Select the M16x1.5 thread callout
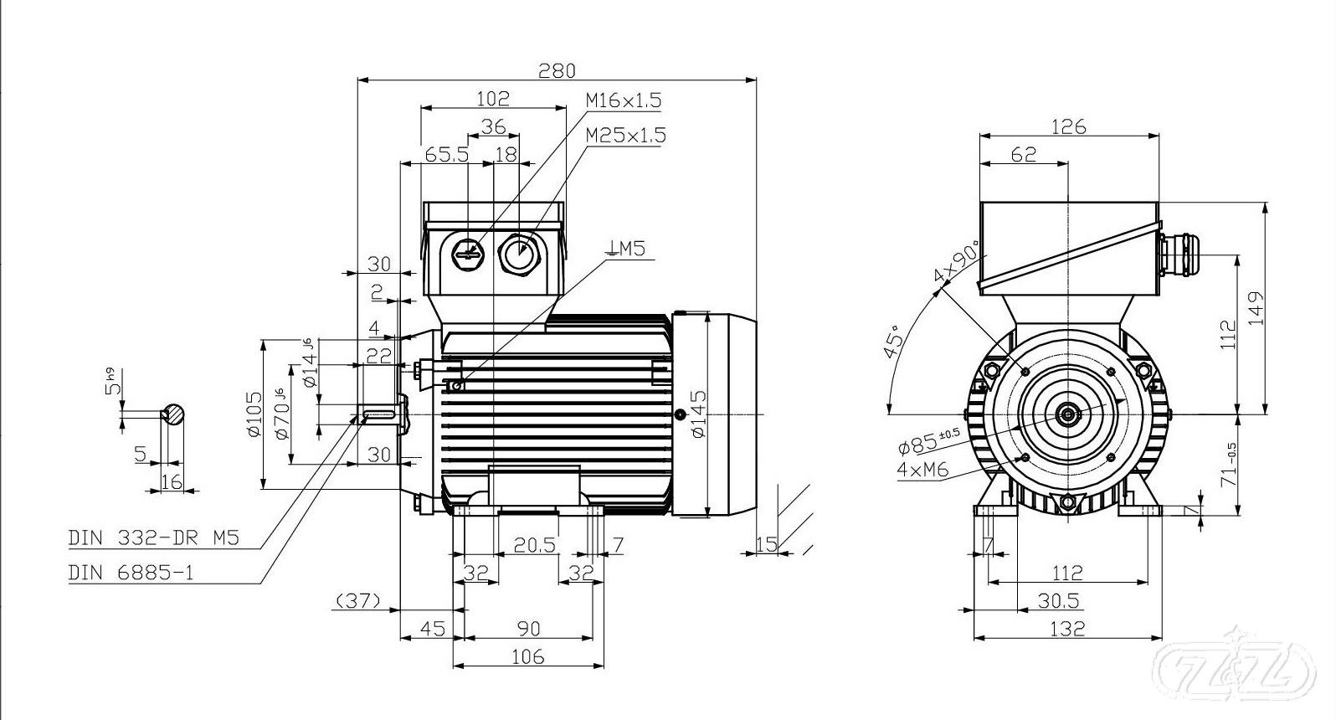(x=623, y=100)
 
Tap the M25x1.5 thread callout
(x=625, y=134)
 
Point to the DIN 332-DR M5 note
(x=154, y=537)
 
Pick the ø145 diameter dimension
(x=698, y=414)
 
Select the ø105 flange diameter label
(x=255, y=414)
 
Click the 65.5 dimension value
(x=445, y=154)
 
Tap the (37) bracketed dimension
(x=357, y=600)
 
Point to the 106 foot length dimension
(x=527, y=657)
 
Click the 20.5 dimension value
(x=534, y=545)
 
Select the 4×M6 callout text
(x=922, y=470)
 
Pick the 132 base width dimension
(x=1068, y=628)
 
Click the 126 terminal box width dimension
(x=1068, y=127)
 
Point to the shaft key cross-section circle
(x=174, y=414)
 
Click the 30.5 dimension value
(x=1058, y=601)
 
